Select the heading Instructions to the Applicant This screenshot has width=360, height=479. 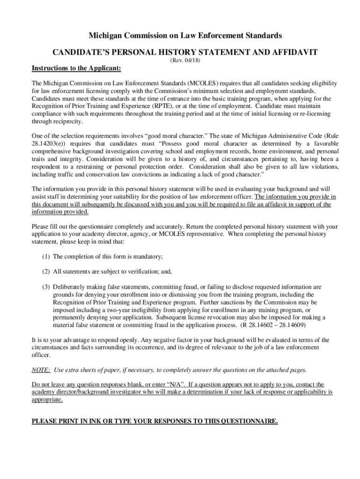pyautogui.click(x=76, y=69)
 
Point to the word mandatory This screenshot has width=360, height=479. pyautogui.click(x=147, y=257)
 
